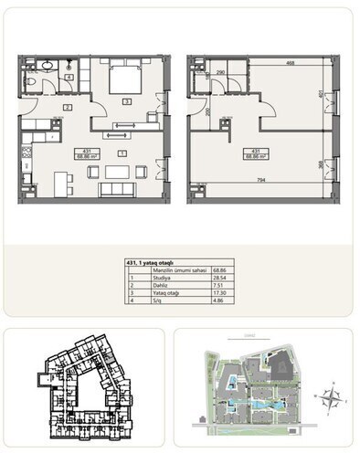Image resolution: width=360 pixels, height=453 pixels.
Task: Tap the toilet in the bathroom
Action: tap(32, 83)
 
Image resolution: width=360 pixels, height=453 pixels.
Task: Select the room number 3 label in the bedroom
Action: tap(127, 100)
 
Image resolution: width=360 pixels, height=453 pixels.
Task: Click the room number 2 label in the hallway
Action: tap(67, 108)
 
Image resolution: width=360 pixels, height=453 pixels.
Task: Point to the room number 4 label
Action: tap(70, 78)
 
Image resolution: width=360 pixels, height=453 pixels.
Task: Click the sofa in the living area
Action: tap(117, 189)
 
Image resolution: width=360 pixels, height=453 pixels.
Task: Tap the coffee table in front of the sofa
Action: tap(116, 171)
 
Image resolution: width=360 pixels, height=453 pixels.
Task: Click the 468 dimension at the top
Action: tap(289, 62)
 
